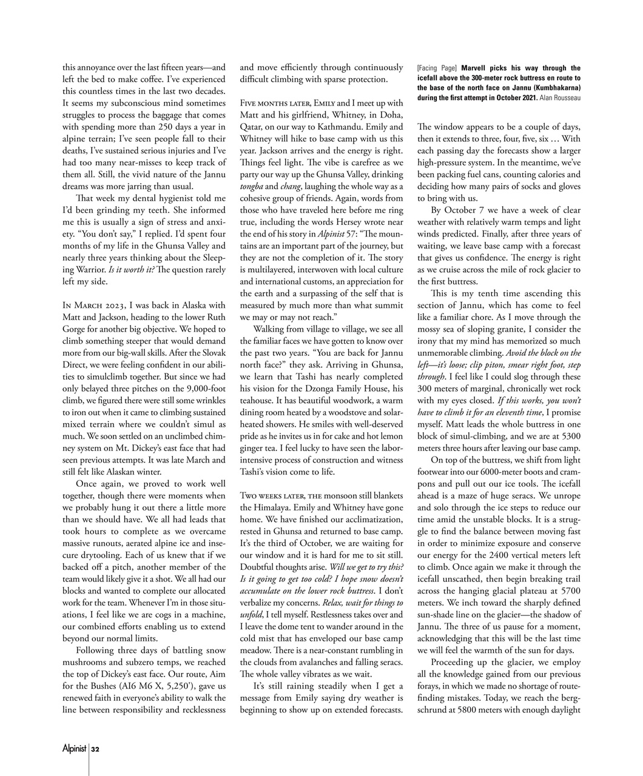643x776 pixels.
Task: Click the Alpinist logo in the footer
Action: pyautogui.click(x=75, y=749)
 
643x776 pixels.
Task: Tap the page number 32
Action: pyautogui.click(x=96, y=749)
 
